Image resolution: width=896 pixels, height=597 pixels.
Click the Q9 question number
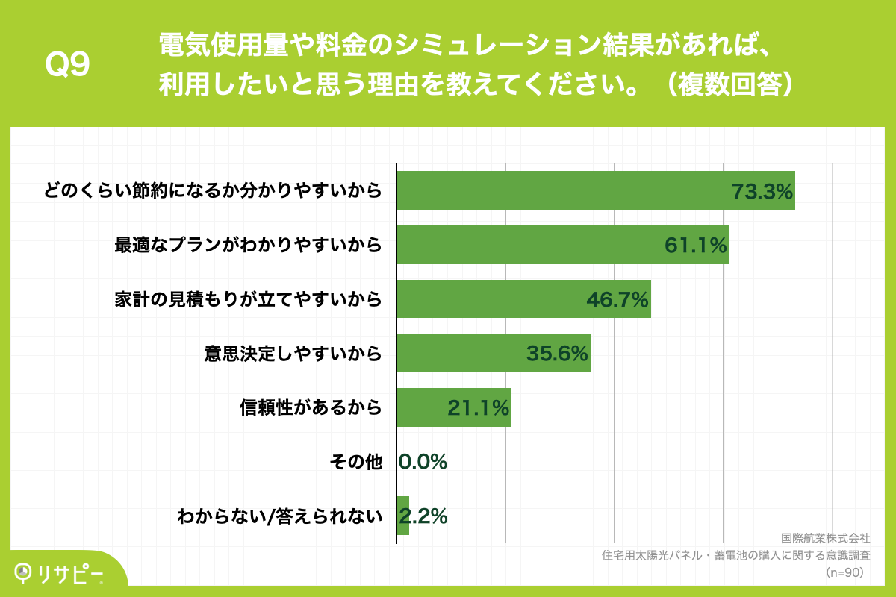tap(68, 66)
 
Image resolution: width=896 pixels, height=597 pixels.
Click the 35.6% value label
tap(557, 354)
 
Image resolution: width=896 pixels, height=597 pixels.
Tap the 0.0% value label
tap(423, 462)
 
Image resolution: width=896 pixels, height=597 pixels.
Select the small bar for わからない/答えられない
tap(403, 516)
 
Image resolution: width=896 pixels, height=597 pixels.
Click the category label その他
tap(355, 462)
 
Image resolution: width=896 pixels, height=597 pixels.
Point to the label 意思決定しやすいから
tap(293, 354)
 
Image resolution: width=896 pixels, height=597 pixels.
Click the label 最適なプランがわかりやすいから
tap(248, 245)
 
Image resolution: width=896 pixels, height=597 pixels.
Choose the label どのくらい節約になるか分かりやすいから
tap(214, 190)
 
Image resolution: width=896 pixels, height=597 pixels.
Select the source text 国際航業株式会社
tap(825, 538)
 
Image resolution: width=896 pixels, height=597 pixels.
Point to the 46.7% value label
tap(617, 299)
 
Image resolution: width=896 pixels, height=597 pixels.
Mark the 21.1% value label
tap(478, 407)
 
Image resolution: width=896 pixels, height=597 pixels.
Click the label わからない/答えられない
tap(279, 516)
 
